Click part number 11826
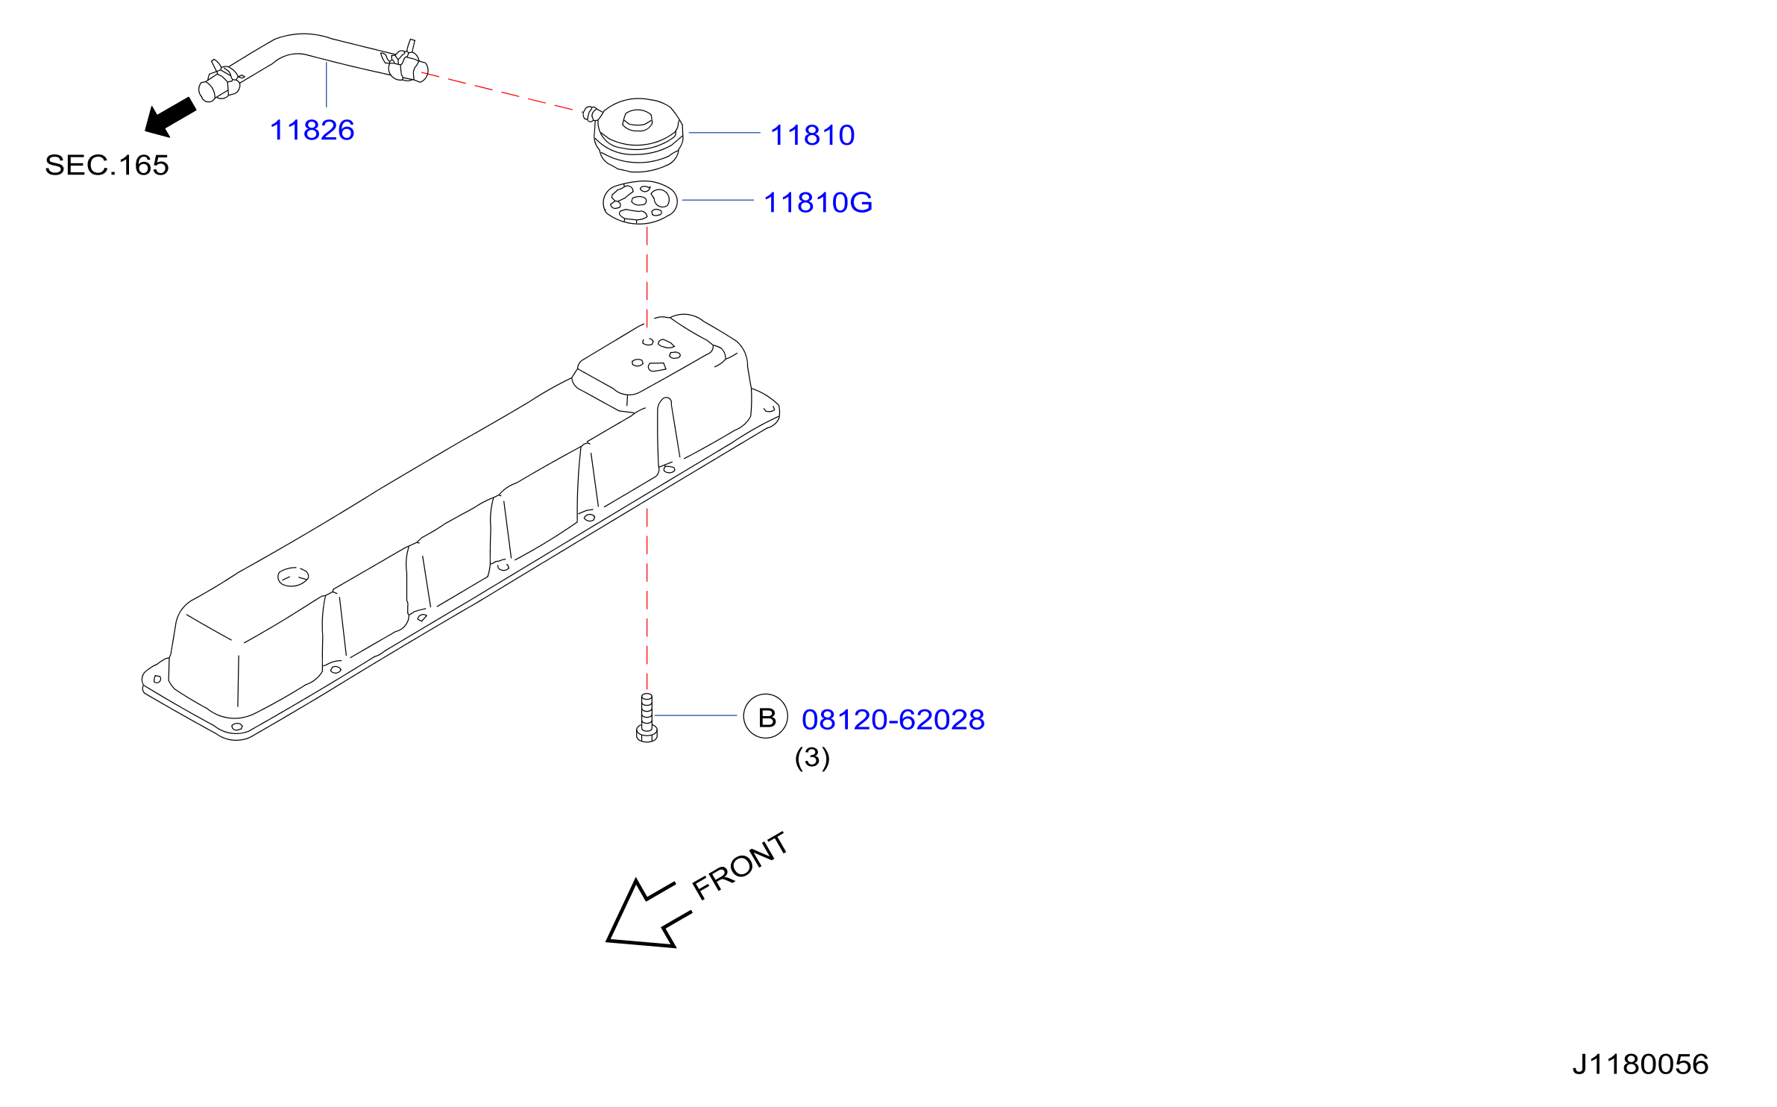(x=312, y=130)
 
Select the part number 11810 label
(x=812, y=135)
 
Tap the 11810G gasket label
(x=818, y=202)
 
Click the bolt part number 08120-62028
(x=893, y=719)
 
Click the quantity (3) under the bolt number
(x=812, y=757)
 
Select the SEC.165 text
(x=107, y=165)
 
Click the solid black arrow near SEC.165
(x=170, y=118)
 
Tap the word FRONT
(x=739, y=865)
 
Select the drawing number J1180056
(x=1640, y=1064)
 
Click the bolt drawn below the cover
(x=647, y=718)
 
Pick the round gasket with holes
(x=640, y=202)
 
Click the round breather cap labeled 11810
(x=638, y=135)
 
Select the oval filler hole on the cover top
(x=293, y=577)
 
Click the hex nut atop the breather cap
(x=637, y=119)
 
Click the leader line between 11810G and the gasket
(x=717, y=200)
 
